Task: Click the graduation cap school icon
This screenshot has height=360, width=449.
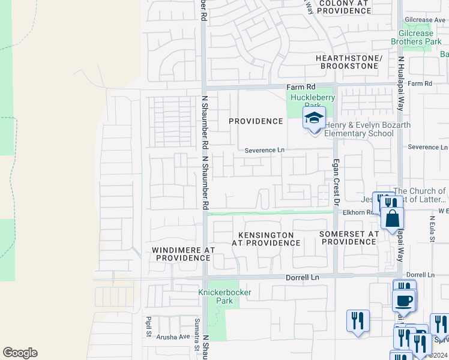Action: coord(313,118)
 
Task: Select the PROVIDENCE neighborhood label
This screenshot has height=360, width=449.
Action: coord(256,121)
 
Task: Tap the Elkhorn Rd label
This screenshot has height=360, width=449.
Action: coord(357,212)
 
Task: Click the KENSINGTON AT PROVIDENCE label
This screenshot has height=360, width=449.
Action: coord(266,239)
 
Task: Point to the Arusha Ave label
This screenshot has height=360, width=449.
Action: coord(173,337)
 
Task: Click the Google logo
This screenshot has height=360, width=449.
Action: coord(20,353)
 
